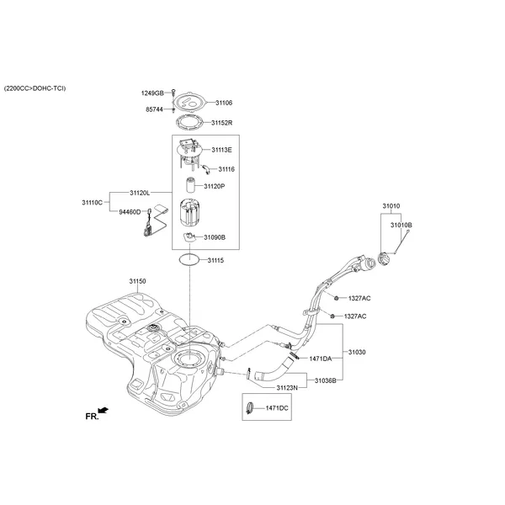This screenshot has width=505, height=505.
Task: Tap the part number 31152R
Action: click(x=222, y=122)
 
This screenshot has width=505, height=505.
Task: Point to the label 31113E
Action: click(x=221, y=150)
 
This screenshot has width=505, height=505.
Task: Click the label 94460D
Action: click(x=130, y=212)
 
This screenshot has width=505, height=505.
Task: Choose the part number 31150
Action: click(x=137, y=280)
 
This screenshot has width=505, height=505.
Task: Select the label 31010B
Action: click(x=401, y=226)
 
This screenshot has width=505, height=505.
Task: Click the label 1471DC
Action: click(x=277, y=408)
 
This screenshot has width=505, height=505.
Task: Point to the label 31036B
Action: click(x=326, y=380)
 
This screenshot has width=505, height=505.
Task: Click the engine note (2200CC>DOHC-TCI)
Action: click(x=35, y=88)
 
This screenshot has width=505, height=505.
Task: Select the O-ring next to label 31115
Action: click(x=189, y=260)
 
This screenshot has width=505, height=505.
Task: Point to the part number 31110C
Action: click(x=92, y=203)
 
